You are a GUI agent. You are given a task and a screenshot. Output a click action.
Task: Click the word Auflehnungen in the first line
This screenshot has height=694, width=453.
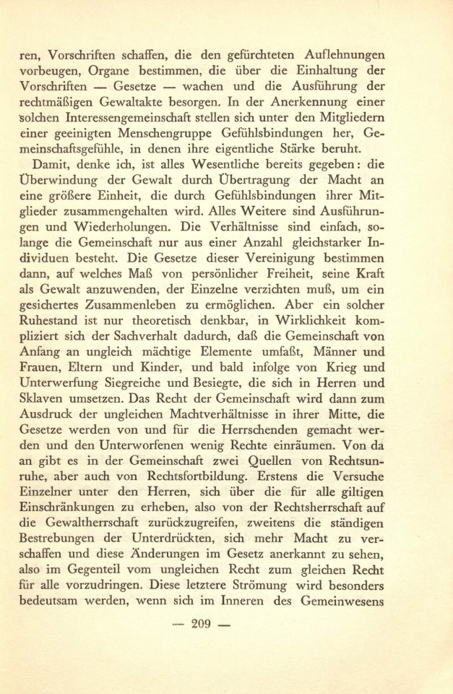tap(363, 54)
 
